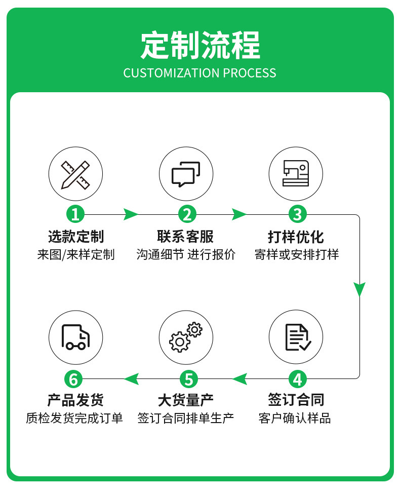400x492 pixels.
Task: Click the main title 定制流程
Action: pos(200,45)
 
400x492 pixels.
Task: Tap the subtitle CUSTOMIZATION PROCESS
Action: pos(199,73)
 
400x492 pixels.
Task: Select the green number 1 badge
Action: pos(75,214)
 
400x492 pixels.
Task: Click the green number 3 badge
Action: pos(297,214)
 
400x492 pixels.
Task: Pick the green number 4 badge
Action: pos(297,379)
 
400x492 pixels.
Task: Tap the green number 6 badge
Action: pos(73,379)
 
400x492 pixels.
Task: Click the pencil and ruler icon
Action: pos(75,174)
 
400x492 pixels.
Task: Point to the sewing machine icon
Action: pos(296,173)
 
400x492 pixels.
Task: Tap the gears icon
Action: pos(186,337)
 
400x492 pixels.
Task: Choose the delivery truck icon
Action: pos(75,337)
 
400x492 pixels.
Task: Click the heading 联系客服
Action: pos(185,237)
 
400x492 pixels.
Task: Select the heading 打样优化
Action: pos(296,237)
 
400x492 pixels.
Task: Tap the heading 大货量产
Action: pos(186,400)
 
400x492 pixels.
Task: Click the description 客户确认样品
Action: pos(295,418)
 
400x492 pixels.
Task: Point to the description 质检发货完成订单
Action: pos(74,418)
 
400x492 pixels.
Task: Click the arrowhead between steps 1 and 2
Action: pos(131,215)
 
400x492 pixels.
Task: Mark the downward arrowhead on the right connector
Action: pos(359,289)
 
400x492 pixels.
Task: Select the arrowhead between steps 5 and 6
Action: pos(131,379)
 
